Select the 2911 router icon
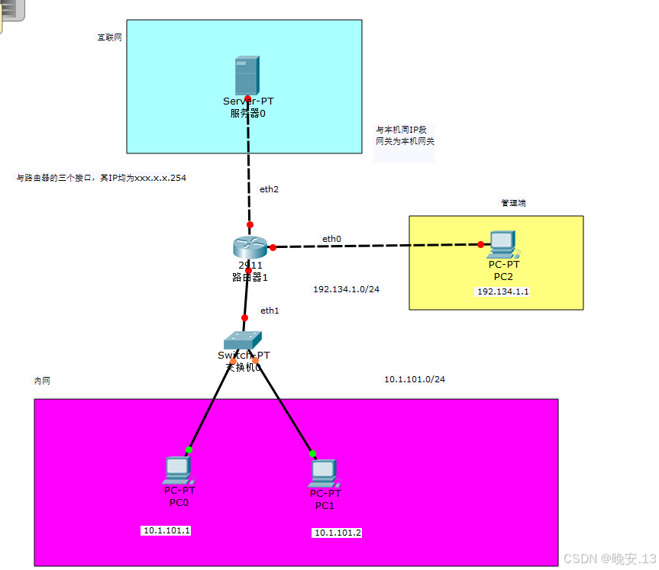click(250, 246)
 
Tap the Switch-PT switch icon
click(243, 340)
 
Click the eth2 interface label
click(269, 189)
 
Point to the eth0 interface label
click(331, 239)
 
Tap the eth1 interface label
click(270, 311)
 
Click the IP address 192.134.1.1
click(502, 291)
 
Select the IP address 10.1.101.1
click(166, 530)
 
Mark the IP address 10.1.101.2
click(337, 533)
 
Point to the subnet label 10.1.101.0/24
click(414, 379)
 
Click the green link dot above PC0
click(189, 450)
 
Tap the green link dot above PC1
click(313, 454)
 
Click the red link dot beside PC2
click(480, 245)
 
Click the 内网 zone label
click(43, 380)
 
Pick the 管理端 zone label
click(513, 203)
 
